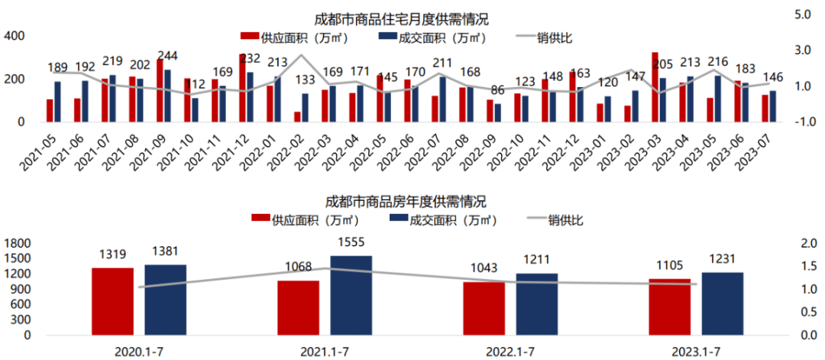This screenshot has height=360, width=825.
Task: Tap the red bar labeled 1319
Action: [112, 301]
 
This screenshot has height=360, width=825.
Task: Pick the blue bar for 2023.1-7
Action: [722, 303]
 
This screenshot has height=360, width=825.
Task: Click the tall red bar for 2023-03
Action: [655, 87]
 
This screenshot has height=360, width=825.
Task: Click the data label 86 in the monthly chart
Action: [497, 90]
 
